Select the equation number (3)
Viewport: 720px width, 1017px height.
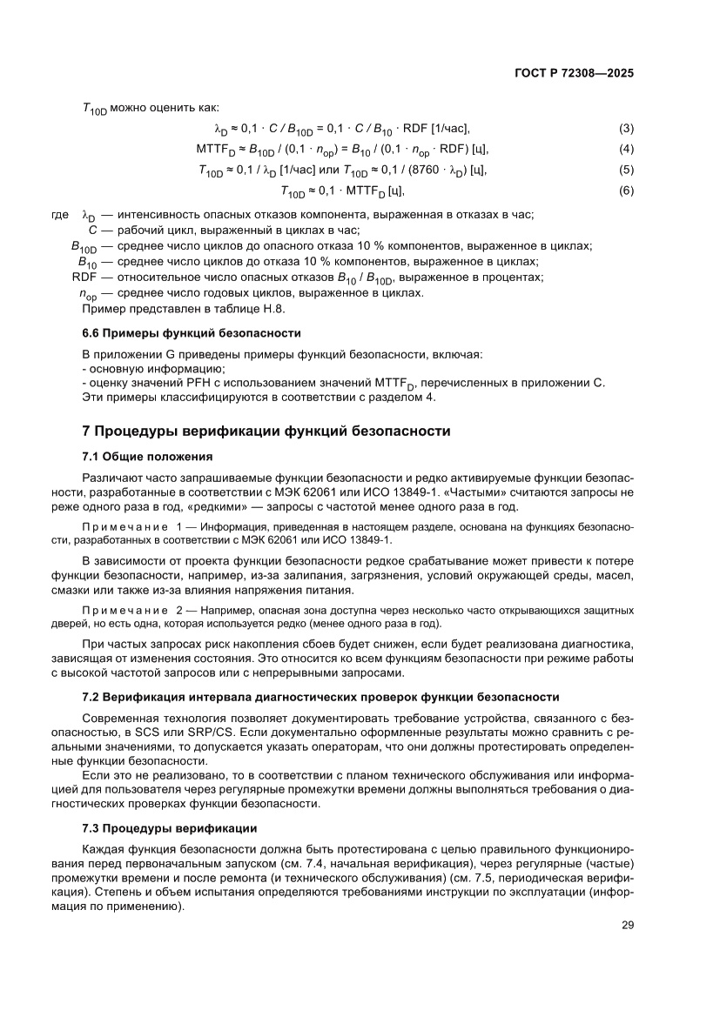(626, 129)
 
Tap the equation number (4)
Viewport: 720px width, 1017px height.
(626, 149)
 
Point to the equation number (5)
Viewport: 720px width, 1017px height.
(626, 170)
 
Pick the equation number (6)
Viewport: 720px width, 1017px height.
(626, 191)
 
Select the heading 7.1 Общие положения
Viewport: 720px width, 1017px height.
(147, 456)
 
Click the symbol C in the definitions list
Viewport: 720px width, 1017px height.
(92, 231)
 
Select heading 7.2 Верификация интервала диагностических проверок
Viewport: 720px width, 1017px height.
(320, 697)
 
